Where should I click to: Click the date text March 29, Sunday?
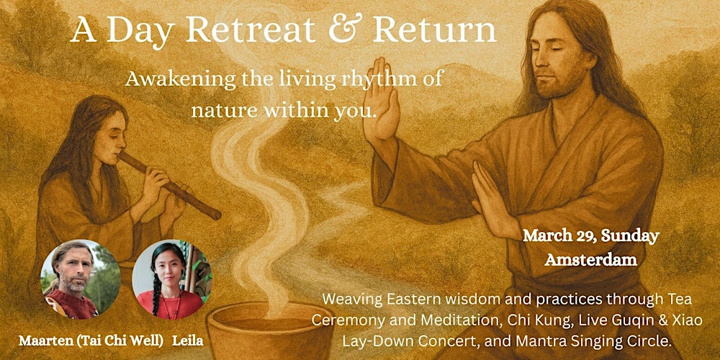590,235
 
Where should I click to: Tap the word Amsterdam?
590,259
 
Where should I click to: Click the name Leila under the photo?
188,339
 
